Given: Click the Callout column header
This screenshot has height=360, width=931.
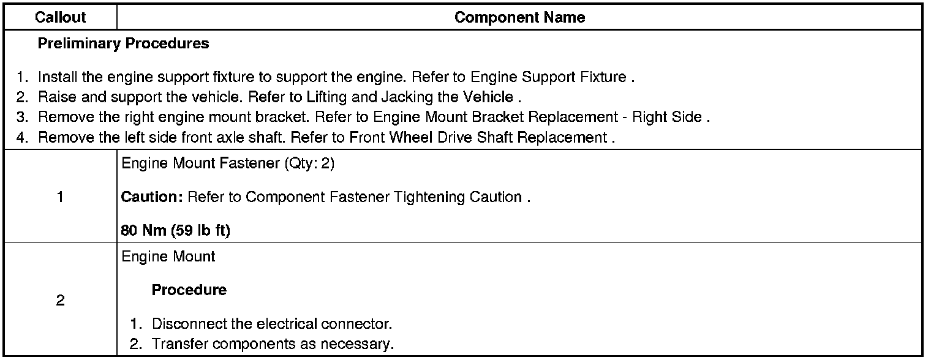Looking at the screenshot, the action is (61, 18).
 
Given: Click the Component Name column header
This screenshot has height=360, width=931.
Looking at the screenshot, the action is (519, 18).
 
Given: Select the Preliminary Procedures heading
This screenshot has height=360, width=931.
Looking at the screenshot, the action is (123, 44).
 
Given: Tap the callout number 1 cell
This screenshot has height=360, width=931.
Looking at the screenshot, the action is (61, 198).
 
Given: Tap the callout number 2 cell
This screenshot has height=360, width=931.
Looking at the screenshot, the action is (61, 301).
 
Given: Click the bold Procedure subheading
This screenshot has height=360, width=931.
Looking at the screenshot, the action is (189, 290).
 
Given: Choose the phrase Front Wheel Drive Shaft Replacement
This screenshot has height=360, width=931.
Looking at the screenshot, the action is (478, 137).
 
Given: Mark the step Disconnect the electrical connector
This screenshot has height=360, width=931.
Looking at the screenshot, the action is (271, 323).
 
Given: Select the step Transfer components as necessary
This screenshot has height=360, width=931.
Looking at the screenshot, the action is (273, 344).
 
